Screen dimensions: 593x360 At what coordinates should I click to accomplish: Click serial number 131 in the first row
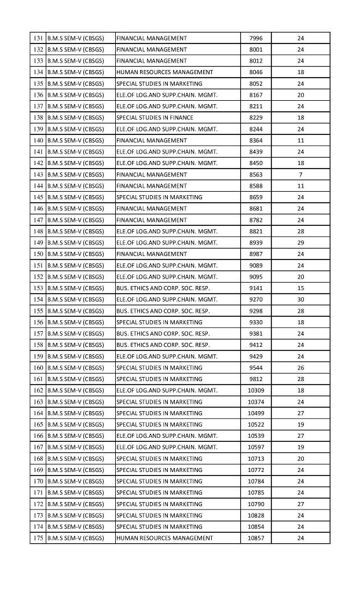coord(39,38)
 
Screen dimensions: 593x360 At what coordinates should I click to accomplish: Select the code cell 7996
coord(255,38)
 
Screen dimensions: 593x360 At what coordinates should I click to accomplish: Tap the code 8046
coord(255,72)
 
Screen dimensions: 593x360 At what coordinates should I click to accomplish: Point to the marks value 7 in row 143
coord(300,174)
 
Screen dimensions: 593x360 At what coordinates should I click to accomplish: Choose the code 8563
coord(255,174)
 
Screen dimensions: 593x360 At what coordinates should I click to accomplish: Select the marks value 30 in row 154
coord(300,299)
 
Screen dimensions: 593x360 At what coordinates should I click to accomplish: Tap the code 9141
coord(255,288)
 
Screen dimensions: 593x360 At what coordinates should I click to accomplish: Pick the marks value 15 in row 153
coord(300,288)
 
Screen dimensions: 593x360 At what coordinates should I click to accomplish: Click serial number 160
coord(39,368)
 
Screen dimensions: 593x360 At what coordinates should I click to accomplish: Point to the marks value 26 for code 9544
coord(300,368)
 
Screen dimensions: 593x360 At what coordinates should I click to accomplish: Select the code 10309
coord(255,390)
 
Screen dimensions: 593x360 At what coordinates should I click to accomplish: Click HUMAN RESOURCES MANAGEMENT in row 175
coord(164,538)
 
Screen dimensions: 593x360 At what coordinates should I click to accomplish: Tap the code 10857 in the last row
coord(255,538)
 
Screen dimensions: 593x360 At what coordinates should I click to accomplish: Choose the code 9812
coord(255,379)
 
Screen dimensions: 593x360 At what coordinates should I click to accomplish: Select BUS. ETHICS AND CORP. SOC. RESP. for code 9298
coord(163,311)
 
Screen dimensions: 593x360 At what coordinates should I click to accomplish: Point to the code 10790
coord(255,504)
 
